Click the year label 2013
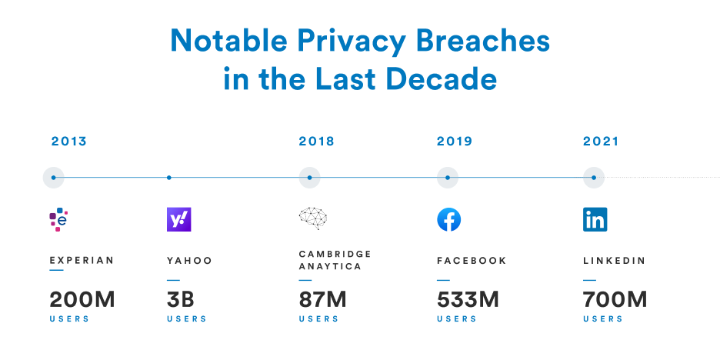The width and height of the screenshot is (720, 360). pos(69,142)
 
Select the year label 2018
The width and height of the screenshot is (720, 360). pos(316,142)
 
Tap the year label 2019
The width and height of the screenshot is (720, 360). pos(455,142)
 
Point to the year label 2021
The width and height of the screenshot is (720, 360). pos(601,142)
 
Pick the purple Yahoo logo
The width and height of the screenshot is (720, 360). pos(179,220)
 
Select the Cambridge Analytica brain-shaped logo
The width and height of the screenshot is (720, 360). pos(313,219)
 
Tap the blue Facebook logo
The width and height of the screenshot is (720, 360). pos(449,220)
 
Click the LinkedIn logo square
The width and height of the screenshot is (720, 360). pos(595,220)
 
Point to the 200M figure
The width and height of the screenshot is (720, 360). pos(82,300)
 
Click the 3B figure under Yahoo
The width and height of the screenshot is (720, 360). pos(182,300)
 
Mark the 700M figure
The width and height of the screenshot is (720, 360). pos(615,300)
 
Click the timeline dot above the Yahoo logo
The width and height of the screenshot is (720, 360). pos(169,178)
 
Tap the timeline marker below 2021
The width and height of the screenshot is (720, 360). pos(594,178)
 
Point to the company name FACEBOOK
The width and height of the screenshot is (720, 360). pos(472,261)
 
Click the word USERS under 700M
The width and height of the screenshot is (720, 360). pos(602,319)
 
